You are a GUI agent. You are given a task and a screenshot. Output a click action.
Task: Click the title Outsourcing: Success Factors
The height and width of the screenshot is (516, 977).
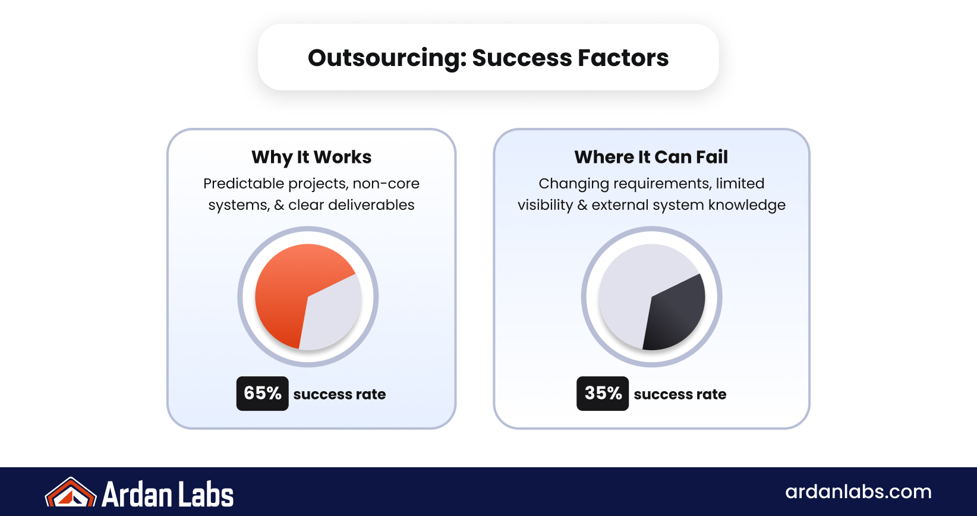tap(488, 58)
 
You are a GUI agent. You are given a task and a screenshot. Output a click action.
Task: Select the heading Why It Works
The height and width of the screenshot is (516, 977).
tap(311, 157)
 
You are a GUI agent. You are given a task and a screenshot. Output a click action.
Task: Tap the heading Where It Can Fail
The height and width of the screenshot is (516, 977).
tap(651, 157)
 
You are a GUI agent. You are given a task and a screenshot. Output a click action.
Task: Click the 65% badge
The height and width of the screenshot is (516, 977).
tap(262, 394)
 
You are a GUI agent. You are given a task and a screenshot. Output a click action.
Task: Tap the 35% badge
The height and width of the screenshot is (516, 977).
tap(602, 394)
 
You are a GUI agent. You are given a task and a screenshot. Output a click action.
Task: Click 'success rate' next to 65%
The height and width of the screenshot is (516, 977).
tap(339, 394)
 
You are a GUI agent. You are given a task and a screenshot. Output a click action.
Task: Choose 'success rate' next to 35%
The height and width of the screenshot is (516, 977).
tap(680, 394)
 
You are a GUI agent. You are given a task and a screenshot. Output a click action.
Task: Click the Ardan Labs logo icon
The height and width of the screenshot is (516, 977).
tap(70, 493)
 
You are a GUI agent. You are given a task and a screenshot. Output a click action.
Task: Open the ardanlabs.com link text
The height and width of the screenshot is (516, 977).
tap(858, 492)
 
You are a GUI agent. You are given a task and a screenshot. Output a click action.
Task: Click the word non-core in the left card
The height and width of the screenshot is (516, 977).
tap(386, 184)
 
